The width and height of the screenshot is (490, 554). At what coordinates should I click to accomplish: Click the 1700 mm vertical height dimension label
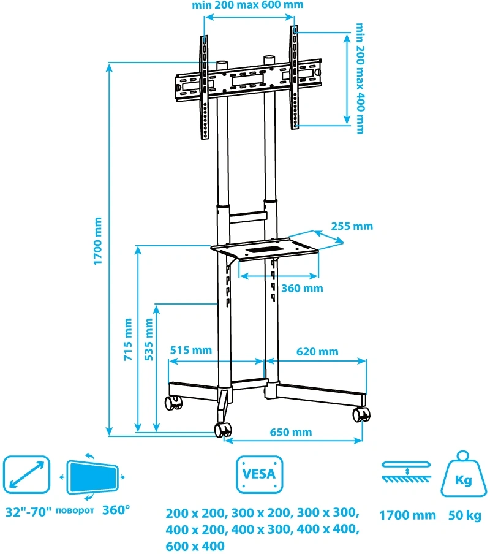tap(97, 241)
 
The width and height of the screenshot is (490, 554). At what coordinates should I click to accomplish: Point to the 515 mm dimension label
tap(190, 351)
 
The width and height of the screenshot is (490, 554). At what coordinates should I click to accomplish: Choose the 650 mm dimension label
tap(291, 432)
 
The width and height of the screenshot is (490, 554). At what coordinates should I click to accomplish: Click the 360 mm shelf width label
tap(302, 288)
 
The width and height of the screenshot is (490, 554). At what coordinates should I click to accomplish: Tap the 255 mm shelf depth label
tap(352, 226)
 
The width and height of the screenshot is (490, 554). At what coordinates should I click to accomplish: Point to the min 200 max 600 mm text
tap(247, 6)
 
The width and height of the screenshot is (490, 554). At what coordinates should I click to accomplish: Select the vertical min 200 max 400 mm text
tap(360, 78)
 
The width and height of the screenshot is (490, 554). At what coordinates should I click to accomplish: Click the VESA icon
tap(260, 474)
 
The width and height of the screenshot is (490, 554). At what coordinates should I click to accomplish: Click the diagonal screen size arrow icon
tap(26, 475)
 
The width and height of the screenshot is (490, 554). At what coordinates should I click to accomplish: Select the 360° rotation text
tap(116, 510)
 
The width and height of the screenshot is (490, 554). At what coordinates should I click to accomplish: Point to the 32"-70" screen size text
tap(26, 510)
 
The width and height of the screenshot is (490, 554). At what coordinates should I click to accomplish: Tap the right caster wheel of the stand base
tap(361, 415)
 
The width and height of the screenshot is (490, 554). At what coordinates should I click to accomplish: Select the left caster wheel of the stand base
tap(173, 403)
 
